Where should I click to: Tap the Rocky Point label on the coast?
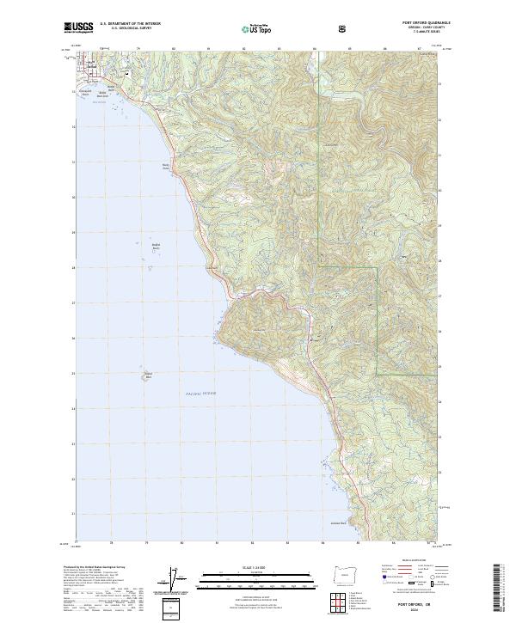pos(166,168)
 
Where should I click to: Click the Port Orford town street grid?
pos(89,69)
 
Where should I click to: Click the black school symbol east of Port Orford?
pos(127,74)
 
